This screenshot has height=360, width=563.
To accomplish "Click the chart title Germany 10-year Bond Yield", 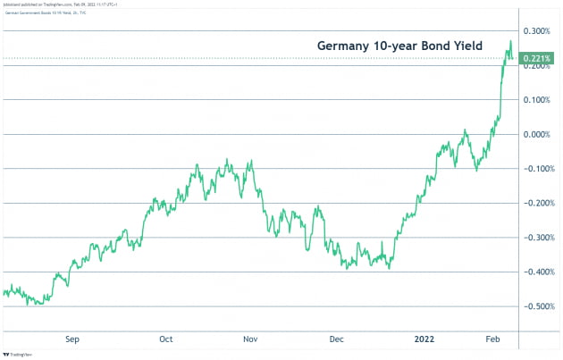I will click(x=410, y=45).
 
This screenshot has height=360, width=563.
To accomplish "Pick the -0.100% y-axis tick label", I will click(x=537, y=169).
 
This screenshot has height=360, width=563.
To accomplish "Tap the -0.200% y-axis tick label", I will click(x=537, y=203).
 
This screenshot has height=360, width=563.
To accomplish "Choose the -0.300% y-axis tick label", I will click(x=537, y=238).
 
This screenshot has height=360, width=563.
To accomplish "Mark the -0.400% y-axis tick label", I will click(x=537, y=272).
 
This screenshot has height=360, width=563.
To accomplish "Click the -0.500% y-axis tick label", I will click(x=537, y=306).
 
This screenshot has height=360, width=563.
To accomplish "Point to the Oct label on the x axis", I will click(x=165, y=339).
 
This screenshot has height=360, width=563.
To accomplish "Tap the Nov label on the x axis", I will click(x=250, y=339).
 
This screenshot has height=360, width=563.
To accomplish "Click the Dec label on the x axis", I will click(x=335, y=339).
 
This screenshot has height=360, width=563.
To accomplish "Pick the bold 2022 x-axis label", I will click(x=423, y=339).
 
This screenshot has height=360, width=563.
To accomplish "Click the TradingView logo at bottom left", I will click(x=20, y=353).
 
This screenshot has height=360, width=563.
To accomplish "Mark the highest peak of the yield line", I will click(x=510, y=41).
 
